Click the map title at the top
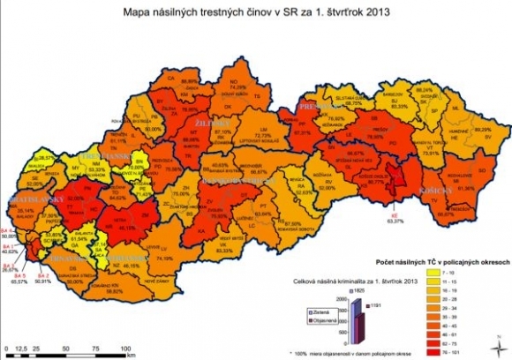(x=256, y=13)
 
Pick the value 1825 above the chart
(x=357, y=290)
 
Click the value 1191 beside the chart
(x=375, y=305)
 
